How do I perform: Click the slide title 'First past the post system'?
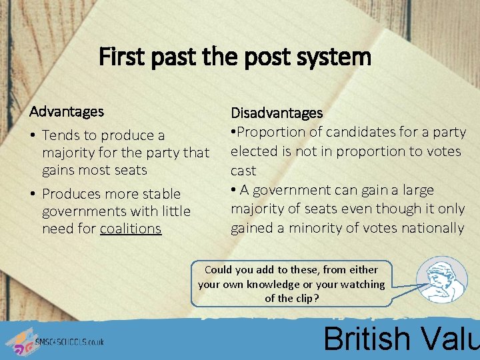[235, 57]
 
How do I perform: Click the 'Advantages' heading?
[67, 111]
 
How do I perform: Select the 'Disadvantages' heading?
[277, 113]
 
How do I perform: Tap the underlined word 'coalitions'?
[131, 229]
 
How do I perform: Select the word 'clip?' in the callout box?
[306, 299]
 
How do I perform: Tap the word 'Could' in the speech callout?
[219, 270]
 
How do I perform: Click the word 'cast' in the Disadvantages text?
[243, 171]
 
